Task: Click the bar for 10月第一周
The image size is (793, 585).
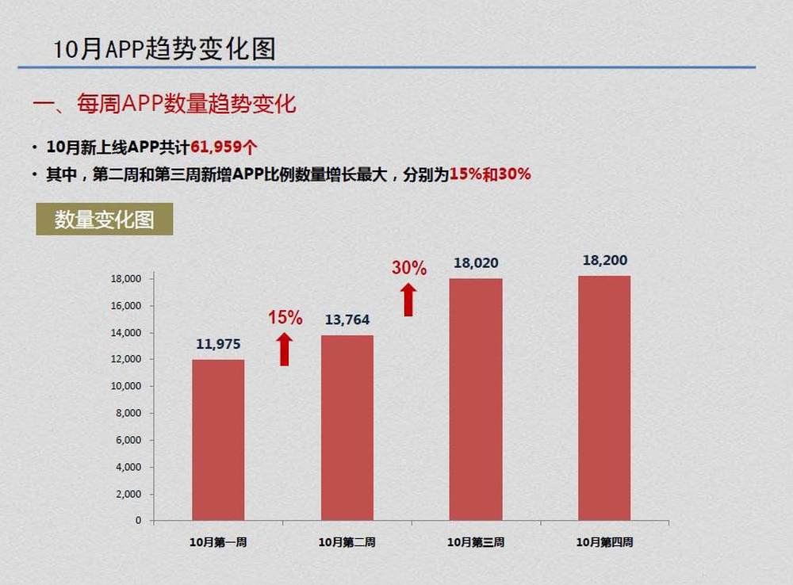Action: (218, 440)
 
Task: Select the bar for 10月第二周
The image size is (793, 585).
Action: (347, 428)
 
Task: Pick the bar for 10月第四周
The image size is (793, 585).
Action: (604, 398)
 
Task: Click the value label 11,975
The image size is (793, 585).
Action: (218, 344)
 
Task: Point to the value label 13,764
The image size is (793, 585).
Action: (347, 319)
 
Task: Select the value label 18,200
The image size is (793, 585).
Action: (604, 260)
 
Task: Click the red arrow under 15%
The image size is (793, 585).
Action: (285, 350)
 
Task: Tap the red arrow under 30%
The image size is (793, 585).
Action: (408, 300)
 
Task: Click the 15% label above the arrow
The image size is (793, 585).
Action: (285, 318)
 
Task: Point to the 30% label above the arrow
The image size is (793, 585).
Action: (408, 268)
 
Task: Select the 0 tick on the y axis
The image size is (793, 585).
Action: (138, 521)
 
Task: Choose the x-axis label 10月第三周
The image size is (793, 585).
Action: (476, 543)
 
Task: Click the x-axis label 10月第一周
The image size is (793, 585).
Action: (218, 543)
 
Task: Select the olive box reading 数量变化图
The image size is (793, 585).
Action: (104, 220)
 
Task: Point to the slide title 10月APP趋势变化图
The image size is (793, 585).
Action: (164, 49)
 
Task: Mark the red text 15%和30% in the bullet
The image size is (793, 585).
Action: (490, 174)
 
